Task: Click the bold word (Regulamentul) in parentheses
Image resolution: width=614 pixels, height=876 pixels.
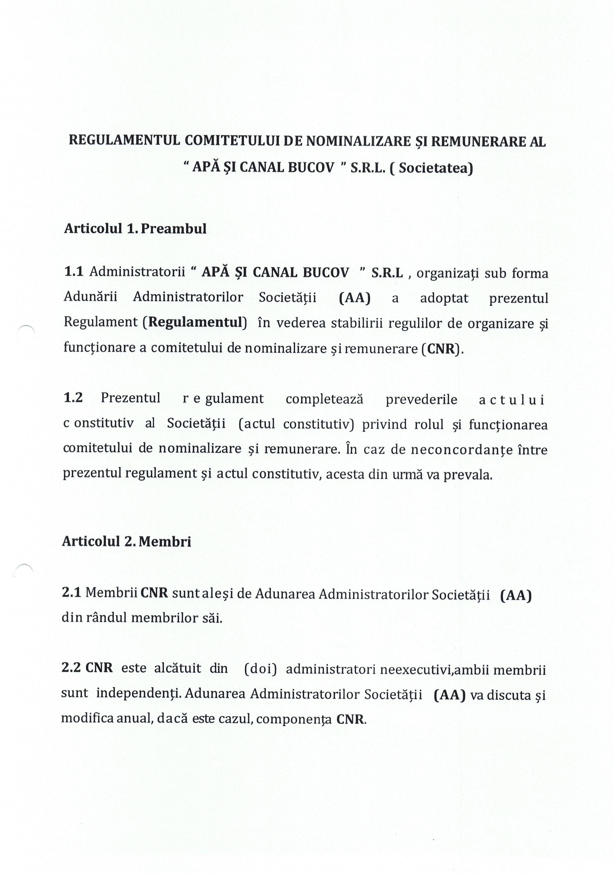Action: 195,322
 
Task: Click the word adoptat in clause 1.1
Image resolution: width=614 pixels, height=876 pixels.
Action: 444,298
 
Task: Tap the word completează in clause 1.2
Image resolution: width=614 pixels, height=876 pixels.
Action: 324,399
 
